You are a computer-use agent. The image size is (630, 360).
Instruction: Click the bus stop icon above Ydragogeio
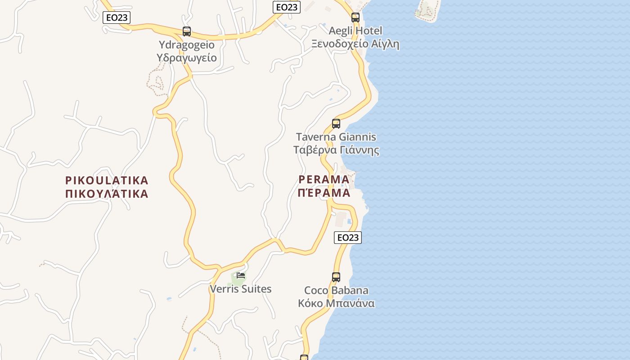coord(187,31)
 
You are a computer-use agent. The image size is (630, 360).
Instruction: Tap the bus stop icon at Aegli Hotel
coord(355,18)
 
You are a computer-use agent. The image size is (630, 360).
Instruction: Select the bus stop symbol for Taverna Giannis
coord(336,124)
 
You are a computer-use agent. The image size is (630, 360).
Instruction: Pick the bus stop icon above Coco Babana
coord(336,277)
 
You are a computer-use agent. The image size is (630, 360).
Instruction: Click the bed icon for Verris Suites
coord(241,275)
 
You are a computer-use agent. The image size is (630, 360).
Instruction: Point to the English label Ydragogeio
coord(186,45)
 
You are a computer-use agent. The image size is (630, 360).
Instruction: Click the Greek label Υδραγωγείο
coord(186,58)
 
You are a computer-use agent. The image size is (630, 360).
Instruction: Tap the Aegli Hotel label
coord(355,31)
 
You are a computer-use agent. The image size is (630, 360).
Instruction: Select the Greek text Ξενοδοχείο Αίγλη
coord(355,44)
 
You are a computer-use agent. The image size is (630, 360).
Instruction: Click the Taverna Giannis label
coord(336,137)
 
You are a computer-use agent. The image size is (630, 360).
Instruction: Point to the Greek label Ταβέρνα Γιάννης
coord(336,150)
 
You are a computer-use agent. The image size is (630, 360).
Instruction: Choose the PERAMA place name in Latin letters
coord(324,180)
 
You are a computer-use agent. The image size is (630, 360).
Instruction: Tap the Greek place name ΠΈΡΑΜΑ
coord(324,193)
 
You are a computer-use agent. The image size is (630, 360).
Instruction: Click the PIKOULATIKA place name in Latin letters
coord(107,180)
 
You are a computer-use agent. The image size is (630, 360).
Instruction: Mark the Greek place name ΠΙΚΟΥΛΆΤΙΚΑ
coord(107,194)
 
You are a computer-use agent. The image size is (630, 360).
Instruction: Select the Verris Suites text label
coord(241,289)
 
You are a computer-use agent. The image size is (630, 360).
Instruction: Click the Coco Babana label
coord(336,290)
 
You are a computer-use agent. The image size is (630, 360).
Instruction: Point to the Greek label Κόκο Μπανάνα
coord(336,303)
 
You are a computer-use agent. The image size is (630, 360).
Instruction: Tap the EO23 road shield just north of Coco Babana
coord(348,238)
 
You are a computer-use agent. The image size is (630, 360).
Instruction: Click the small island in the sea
coord(427,10)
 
